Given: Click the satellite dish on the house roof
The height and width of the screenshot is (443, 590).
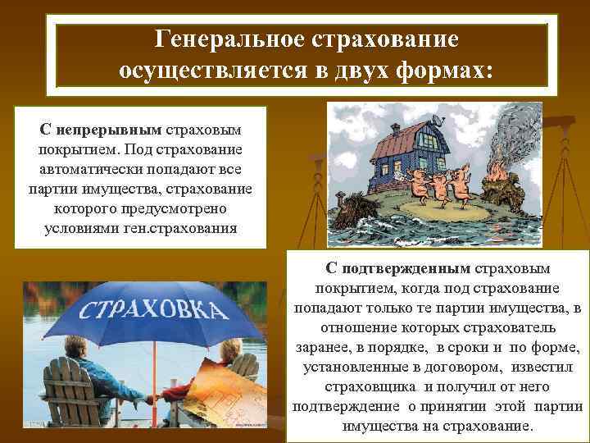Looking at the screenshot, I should pos(442,121).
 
